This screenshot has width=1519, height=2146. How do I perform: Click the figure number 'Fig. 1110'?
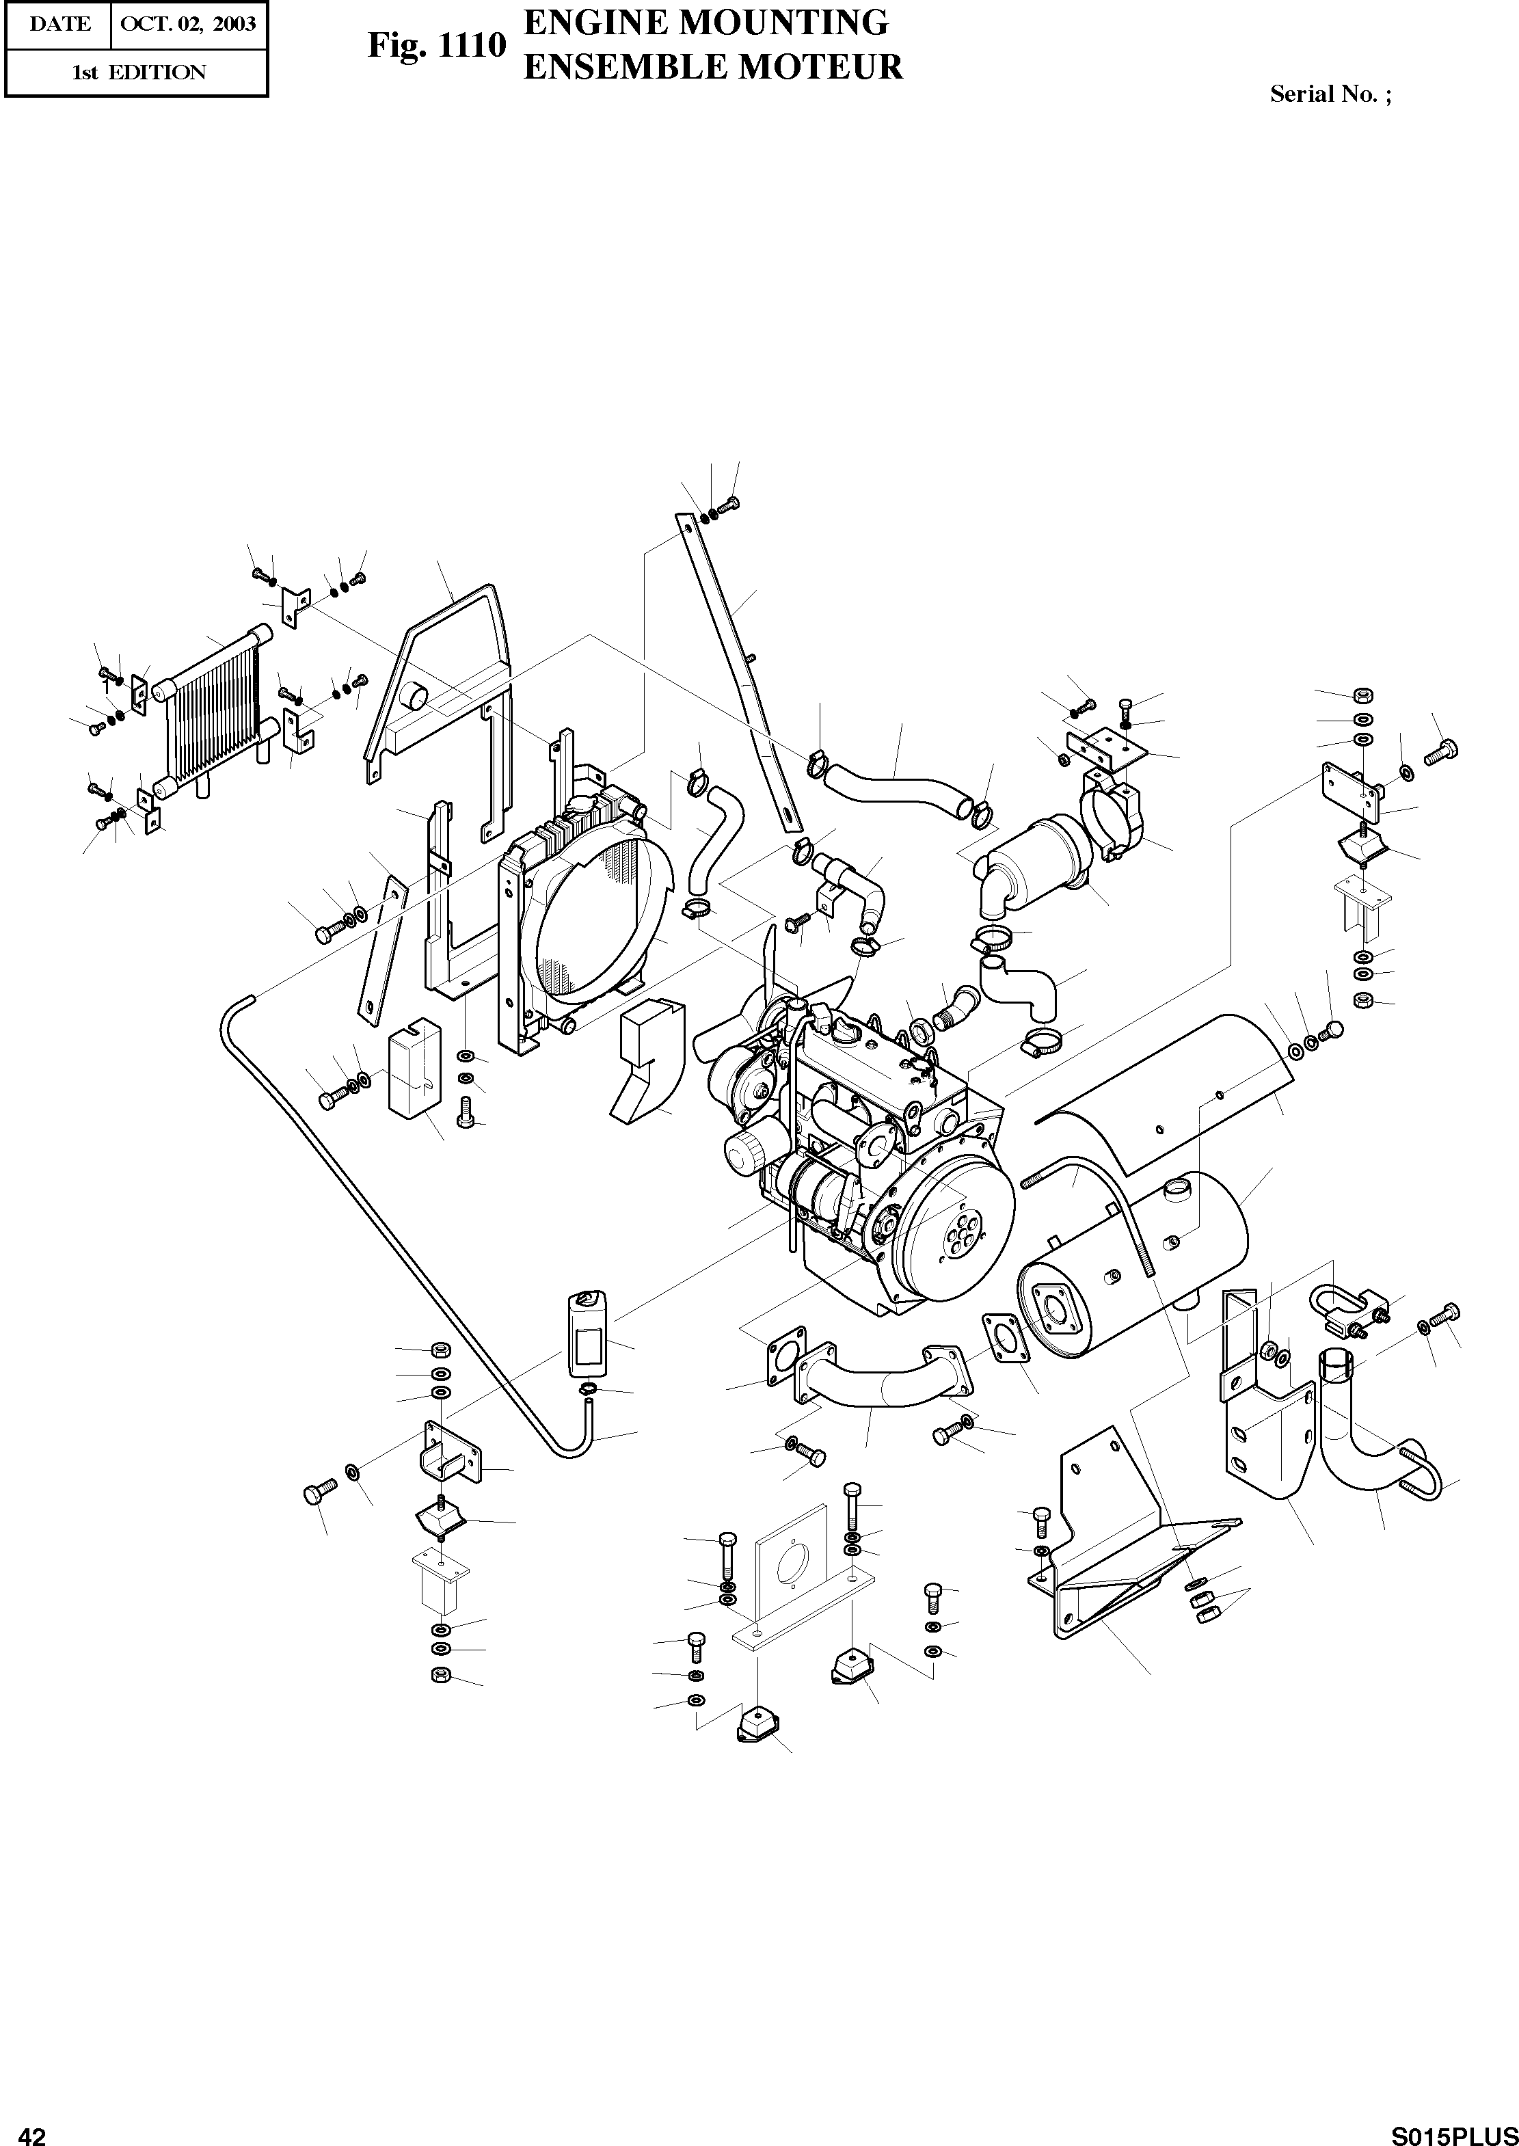[x=436, y=46]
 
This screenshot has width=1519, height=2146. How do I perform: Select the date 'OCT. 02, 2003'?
[x=188, y=25]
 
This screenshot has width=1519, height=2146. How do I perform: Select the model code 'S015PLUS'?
[x=1451, y=2129]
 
